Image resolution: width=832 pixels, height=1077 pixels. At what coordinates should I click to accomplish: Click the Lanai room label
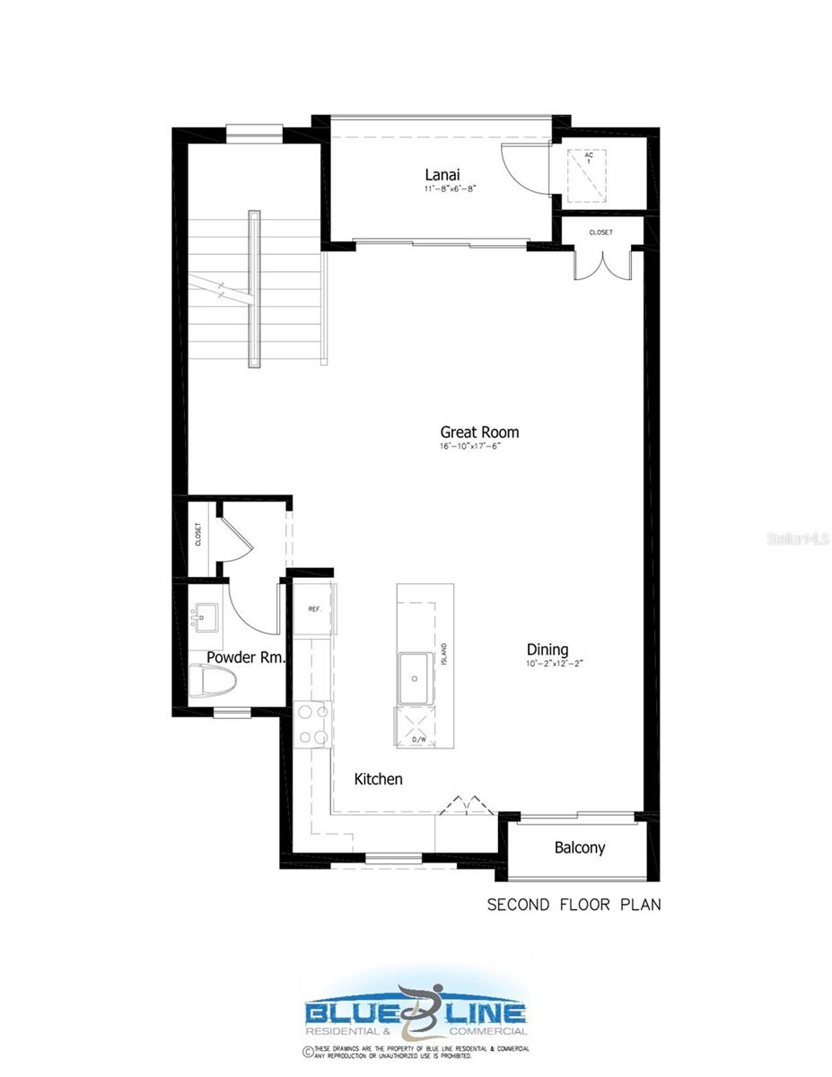[443, 174]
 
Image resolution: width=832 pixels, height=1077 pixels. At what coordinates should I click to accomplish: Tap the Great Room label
[479, 432]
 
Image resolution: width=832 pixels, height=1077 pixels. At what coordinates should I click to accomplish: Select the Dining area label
[547, 651]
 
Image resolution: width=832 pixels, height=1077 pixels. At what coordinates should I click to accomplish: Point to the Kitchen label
[378, 779]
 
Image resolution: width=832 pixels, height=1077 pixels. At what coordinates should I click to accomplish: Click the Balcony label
[579, 847]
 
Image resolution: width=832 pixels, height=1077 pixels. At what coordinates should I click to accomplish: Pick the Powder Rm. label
[246, 658]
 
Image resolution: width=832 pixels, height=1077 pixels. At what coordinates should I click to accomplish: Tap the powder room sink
[206, 617]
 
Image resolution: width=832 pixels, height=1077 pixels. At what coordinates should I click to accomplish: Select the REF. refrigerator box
[314, 609]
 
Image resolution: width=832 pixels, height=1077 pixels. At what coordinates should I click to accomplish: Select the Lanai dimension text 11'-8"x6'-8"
[450, 189]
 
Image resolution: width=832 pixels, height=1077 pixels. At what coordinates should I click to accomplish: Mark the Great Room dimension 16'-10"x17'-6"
[469, 446]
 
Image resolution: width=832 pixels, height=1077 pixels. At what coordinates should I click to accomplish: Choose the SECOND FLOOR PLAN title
[574, 905]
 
